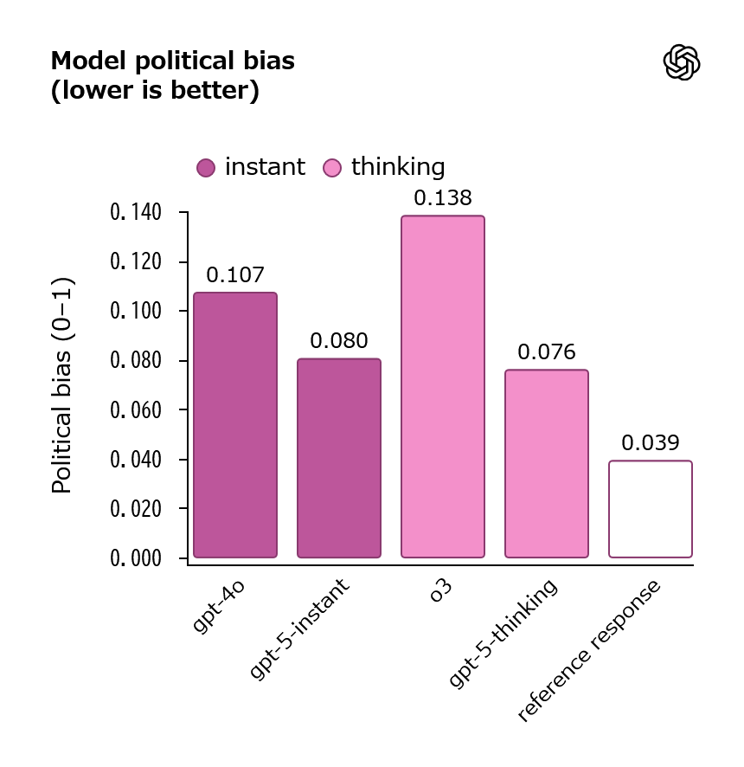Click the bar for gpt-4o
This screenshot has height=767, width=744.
pyautogui.click(x=235, y=424)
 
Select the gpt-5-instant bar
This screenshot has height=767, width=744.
pyautogui.click(x=339, y=458)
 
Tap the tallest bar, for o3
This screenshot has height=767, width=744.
pyautogui.click(x=443, y=386)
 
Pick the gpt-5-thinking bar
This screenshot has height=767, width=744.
pyautogui.click(x=547, y=463)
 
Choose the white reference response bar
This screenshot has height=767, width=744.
pyautogui.click(x=651, y=509)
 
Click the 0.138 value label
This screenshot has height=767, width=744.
pyautogui.click(x=443, y=198)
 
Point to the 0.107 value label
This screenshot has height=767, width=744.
pyautogui.click(x=235, y=275)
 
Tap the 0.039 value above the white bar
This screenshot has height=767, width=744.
pyautogui.click(x=651, y=442)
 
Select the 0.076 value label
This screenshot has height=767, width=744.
pyautogui.click(x=547, y=352)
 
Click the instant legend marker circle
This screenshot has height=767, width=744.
pyautogui.click(x=206, y=168)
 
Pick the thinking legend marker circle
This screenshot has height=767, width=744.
pyautogui.click(x=332, y=168)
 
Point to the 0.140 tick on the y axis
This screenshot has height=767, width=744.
pyautogui.click(x=136, y=213)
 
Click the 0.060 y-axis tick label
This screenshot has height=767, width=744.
pyautogui.click(x=136, y=410)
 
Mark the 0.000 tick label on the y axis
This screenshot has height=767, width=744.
pyautogui.click(x=136, y=558)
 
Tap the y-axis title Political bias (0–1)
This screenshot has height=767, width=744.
pyautogui.click(x=62, y=385)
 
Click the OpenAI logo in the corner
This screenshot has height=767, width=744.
pyautogui.click(x=682, y=62)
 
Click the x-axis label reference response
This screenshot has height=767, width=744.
pyautogui.click(x=589, y=651)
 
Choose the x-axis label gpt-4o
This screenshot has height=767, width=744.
pyautogui.click(x=218, y=607)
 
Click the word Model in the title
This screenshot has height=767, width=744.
pyautogui.click(x=89, y=61)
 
